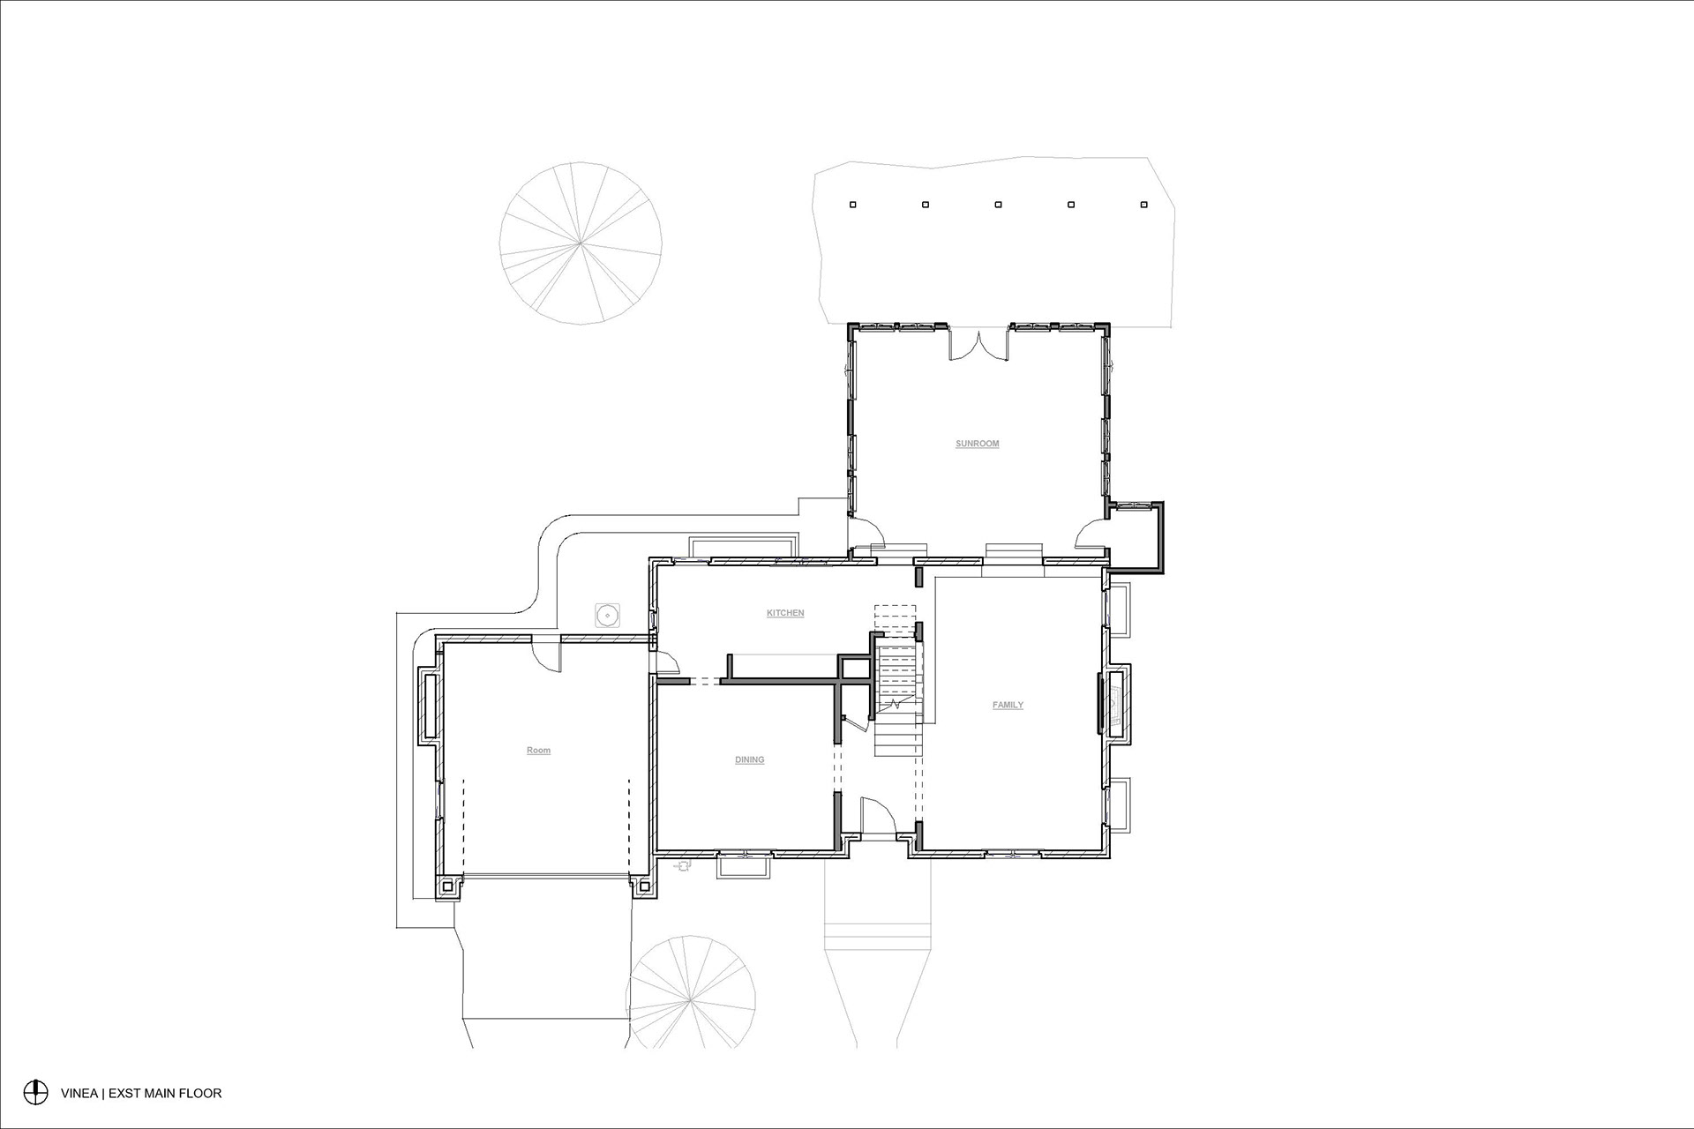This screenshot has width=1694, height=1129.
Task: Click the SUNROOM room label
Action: (978, 444)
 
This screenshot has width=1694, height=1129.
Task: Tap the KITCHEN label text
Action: (785, 613)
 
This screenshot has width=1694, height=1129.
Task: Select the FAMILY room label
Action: (1008, 705)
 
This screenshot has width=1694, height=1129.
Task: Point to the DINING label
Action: (750, 759)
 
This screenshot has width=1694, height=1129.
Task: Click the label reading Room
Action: (538, 751)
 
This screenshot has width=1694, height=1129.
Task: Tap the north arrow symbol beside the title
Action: (35, 1092)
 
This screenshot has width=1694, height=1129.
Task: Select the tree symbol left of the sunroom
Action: (581, 243)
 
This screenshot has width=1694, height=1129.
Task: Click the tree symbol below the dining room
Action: (692, 992)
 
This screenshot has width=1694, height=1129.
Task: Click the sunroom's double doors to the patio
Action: (978, 346)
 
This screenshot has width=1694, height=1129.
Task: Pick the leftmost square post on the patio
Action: (852, 205)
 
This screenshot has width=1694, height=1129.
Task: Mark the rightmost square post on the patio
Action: (1144, 205)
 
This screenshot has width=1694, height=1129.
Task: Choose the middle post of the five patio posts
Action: (998, 205)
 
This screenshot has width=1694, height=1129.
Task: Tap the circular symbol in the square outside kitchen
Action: (606, 614)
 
